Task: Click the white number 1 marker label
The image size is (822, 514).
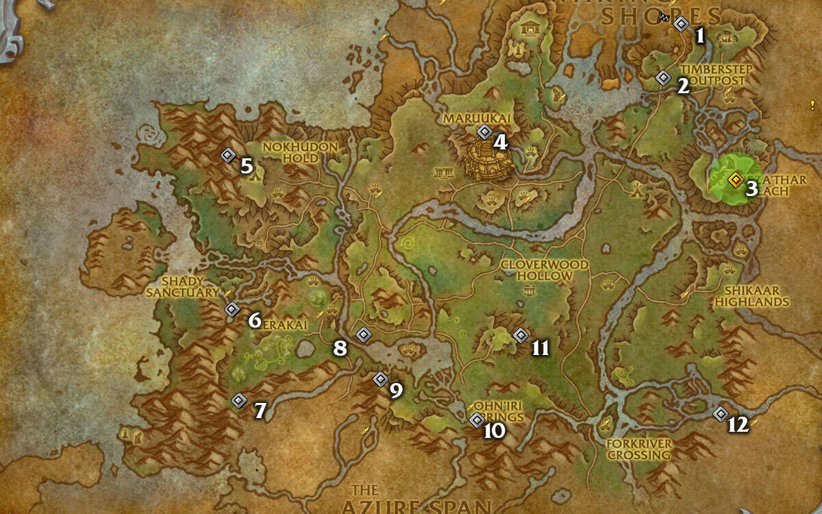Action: pos(699,36)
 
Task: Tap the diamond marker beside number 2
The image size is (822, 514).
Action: pos(662,78)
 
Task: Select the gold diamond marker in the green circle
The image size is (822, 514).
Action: pos(735,180)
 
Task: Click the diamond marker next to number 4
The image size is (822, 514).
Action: pos(484,132)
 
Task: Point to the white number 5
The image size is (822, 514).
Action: pos(247,166)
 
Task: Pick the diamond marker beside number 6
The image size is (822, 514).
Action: pos(232,310)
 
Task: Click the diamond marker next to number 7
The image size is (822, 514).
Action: pos(238,400)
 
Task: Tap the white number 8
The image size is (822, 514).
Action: pos(340,348)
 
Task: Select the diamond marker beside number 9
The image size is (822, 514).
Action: pos(380,379)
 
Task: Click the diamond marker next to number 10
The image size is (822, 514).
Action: pos(477,420)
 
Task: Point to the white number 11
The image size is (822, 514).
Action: pos(540,348)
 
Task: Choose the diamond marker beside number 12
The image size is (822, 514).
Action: pos(720,413)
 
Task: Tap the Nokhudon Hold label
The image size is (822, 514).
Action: pos(301,153)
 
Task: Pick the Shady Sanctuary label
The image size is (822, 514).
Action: pos(182,287)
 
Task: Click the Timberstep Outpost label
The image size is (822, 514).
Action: pos(717,75)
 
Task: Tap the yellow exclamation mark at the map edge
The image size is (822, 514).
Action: pos(812,105)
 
